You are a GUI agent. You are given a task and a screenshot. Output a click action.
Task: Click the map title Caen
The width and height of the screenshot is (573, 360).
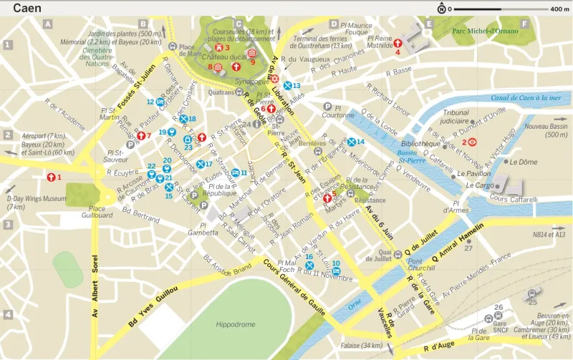[27, 9]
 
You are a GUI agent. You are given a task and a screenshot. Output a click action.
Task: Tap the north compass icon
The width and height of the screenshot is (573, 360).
[441, 9]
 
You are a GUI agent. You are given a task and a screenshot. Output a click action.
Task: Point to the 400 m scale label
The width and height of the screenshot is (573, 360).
[559, 9]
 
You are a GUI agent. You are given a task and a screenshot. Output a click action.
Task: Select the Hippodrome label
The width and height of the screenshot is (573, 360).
[236, 324]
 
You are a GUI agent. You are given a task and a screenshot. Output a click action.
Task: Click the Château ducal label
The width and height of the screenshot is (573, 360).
[224, 57]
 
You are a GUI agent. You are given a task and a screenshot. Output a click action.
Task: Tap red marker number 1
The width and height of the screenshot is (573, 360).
[51, 177]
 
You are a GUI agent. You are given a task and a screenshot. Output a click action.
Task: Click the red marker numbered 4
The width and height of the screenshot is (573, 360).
[398, 43]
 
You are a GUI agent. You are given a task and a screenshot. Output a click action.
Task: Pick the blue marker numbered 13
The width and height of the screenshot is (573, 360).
[286, 85]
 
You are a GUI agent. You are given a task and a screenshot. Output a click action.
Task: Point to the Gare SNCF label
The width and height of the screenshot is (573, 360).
[499, 319]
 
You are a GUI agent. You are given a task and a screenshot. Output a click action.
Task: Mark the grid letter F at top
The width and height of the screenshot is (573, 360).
[524, 24]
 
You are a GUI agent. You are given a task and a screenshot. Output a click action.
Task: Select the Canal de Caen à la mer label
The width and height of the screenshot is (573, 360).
[526, 97]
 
